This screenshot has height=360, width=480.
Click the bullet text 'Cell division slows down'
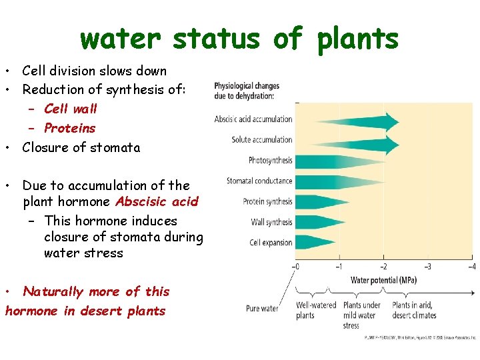tap(94, 71)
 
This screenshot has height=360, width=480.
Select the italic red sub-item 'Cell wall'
tap(71, 109)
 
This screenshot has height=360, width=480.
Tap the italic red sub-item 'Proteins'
tap(69, 128)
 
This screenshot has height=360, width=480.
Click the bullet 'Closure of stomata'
tap(81, 147)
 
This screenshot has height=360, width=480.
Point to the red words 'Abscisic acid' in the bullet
tap(157, 202)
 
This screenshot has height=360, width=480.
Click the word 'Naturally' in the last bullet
tap(53, 291)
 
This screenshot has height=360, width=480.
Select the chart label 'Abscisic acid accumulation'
tap(253, 119)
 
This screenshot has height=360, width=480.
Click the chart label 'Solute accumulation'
tap(262, 140)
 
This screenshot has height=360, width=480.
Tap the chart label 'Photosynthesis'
tap(270, 161)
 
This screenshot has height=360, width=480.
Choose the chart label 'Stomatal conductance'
tap(259, 181)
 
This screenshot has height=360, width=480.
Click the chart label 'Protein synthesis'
tap(267, 201)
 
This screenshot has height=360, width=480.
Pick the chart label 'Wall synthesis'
tap(271, 222)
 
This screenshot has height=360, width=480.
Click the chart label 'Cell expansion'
tap(271, 243)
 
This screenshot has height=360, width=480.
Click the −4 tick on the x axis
tap(471, 267)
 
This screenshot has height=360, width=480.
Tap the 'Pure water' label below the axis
tap(262, 309)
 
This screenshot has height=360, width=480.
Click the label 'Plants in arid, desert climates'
tap(414, 310)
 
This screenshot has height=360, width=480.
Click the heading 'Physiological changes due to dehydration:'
tap(247, 91)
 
